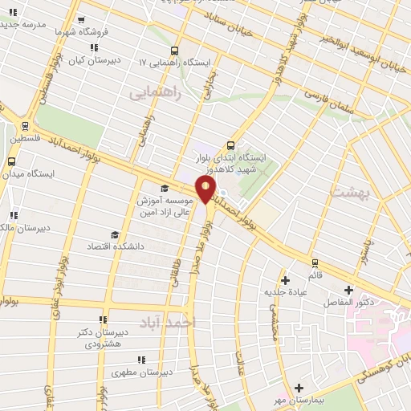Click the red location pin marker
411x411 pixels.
pos(206,190)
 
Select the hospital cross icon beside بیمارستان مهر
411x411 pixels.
pos(299,387)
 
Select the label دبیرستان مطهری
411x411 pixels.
pos(144,372)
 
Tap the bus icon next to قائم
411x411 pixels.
pos(314,262)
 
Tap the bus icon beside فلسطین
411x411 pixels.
pos(26,126)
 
